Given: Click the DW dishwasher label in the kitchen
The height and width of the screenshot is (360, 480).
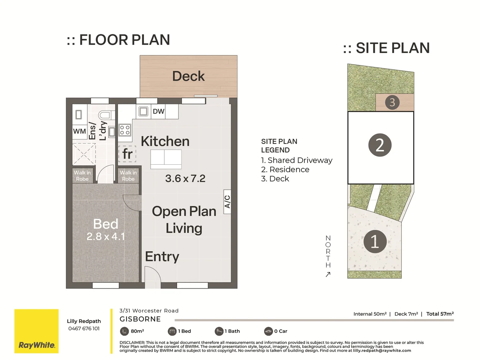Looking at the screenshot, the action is [159, 111].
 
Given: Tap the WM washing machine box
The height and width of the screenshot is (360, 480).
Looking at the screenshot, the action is [80, 131].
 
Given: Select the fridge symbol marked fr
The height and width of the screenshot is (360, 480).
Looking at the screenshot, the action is [127, 154].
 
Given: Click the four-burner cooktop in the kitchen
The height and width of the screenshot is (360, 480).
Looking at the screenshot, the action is [125, 130].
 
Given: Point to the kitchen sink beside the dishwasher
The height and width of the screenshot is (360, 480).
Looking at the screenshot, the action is [143, 111].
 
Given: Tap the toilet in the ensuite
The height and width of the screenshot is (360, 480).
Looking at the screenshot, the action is [106, 115].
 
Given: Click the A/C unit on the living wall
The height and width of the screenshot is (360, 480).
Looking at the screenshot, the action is [227, 202].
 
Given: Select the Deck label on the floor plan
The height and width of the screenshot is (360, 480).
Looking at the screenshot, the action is [189, 76].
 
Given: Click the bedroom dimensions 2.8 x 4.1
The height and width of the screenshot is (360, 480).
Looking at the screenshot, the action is [106, 237].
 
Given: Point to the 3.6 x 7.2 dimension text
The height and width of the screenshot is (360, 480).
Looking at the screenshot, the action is [185, 178].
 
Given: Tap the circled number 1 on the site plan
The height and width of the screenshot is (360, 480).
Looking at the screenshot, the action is [375, 242].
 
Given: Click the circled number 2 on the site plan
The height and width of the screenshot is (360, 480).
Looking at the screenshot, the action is [380, 145].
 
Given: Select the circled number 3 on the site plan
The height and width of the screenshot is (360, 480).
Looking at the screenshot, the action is [392, 102].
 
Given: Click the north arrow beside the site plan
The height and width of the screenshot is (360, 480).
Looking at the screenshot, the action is [328, 275].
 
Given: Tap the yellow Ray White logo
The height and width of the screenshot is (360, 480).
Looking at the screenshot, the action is [37, 331].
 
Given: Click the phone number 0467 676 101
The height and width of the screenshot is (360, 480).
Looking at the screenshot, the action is [84, 329].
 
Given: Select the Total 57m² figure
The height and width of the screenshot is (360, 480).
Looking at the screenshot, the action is [440, 314].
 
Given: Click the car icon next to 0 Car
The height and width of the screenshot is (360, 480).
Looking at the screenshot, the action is [268, 331].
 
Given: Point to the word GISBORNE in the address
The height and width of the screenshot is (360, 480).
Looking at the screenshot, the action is [140, 319].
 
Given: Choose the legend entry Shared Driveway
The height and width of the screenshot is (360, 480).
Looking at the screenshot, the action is [297, 160].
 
